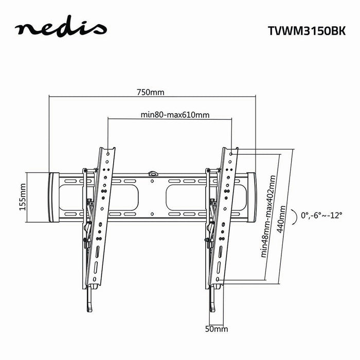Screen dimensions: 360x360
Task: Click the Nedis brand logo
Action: (61, 29)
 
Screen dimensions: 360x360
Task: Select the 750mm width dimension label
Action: (150, 93)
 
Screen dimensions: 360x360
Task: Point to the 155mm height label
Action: (22, 196)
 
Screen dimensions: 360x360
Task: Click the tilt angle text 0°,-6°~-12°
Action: (322, 216)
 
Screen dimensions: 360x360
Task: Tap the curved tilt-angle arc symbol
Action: (293, 216)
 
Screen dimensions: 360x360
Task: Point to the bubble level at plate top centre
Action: (152, 174)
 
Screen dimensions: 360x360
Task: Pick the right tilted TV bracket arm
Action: (224, 216)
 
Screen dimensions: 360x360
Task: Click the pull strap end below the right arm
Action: (212, 303)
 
